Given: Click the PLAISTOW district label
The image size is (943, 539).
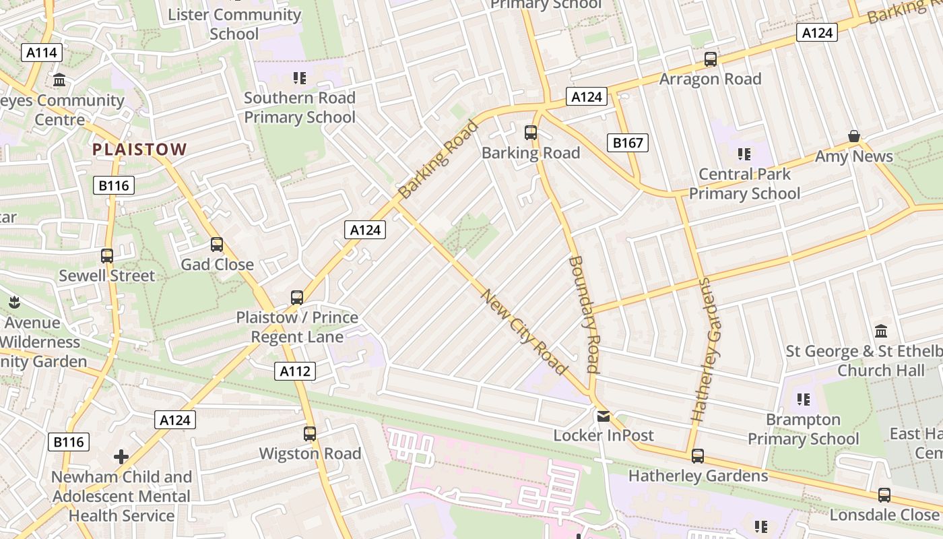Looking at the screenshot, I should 139,149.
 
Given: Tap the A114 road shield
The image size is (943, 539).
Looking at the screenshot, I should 42,53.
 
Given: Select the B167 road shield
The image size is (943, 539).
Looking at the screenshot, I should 627,142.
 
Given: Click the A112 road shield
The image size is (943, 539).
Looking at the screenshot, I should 295,371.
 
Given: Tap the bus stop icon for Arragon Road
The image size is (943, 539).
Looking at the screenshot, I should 710,59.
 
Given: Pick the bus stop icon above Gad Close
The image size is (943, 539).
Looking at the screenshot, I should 217,245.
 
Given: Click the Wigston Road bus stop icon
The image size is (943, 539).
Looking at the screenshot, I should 310,434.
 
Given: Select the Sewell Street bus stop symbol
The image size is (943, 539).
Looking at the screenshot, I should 107,256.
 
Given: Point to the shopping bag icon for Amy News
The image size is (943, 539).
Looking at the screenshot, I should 853,137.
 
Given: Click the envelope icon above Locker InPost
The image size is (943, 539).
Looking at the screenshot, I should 603,416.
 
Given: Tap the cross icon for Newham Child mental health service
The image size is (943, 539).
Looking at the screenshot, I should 121,457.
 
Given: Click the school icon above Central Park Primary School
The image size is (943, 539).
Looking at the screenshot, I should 744,154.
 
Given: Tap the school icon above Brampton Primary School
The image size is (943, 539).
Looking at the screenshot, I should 803,400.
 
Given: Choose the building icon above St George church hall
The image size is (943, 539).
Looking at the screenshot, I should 881,331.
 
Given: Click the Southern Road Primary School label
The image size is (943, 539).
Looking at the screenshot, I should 299,107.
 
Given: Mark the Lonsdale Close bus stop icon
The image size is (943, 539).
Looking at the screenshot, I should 884,495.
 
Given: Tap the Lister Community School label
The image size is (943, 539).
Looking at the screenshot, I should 234,24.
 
